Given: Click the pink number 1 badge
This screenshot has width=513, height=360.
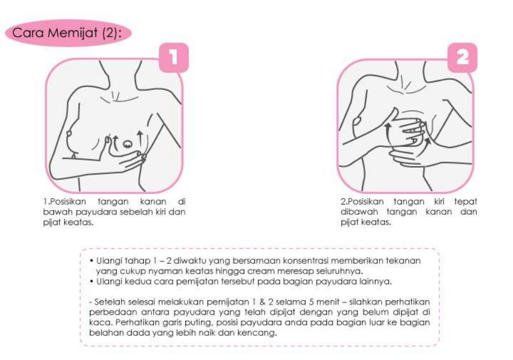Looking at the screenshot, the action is coord(174,58).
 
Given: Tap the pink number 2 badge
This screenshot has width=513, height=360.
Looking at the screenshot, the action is coord(462,58).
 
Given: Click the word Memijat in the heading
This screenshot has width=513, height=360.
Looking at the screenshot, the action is coord(73,33).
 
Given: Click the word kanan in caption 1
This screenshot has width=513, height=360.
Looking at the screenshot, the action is coord(153,202).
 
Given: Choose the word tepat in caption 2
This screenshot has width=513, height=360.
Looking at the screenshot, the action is coord(465,202).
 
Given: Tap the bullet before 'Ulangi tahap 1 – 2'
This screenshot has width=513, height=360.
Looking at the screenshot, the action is coord(92,261).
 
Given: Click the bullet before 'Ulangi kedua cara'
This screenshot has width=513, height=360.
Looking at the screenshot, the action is coord(92,282).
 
